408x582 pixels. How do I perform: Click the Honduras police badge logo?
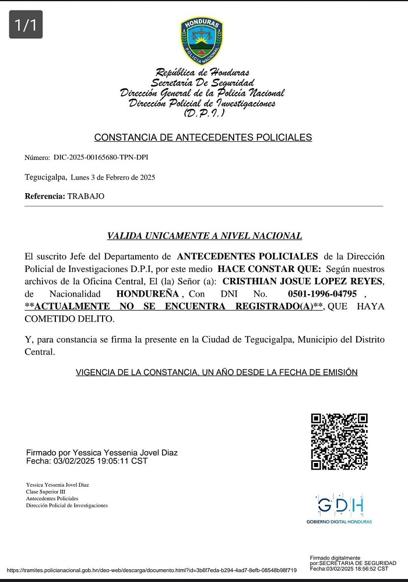tap(202, 40)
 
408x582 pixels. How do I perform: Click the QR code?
tap(339, 441)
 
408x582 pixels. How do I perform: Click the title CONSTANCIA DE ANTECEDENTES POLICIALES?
tap(203, 138)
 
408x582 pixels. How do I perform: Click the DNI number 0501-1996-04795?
tap(322, 294)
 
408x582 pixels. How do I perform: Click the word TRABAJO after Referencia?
tap(86, 196)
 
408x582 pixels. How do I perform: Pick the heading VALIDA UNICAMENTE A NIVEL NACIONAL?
tap(205, 236)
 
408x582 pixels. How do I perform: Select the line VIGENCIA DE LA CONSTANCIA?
tap(216, 372)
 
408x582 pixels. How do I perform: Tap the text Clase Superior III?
tap(46, 492)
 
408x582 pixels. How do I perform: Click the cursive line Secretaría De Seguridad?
tap(202, 83)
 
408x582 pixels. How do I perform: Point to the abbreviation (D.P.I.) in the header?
tap(201, 113)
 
